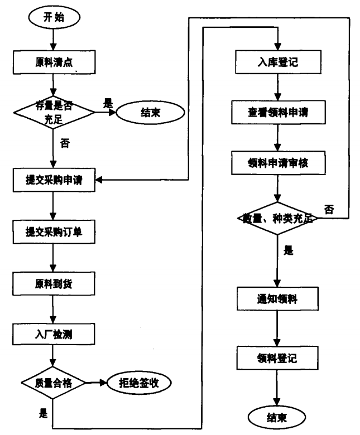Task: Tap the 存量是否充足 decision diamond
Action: (52, 112)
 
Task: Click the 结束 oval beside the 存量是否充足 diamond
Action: (143, 112)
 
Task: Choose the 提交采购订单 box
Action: (53, 232)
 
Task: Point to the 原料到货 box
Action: (53, 283)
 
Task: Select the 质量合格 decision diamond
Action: (52, 383)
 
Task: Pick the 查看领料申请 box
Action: (277, 114)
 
